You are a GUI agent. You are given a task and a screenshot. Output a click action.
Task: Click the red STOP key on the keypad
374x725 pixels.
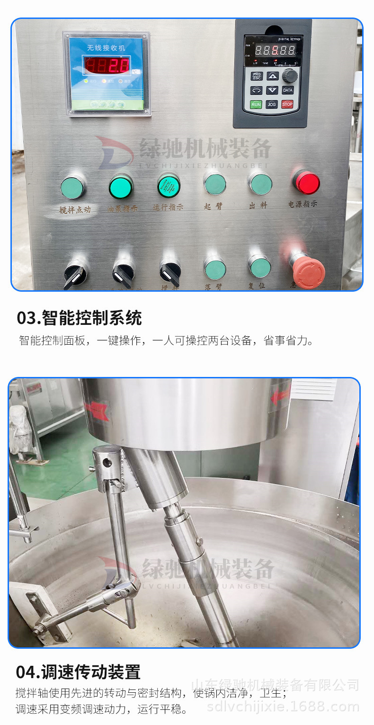click(287, 104)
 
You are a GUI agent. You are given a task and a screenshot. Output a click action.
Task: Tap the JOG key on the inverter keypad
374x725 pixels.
click(272, 104)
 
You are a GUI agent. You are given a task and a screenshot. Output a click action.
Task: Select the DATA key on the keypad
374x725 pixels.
click(287, 90)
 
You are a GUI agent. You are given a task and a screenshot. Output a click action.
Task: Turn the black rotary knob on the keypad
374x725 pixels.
click(290, 75)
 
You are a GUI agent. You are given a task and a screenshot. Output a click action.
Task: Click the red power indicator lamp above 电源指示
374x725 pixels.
click(306, 182)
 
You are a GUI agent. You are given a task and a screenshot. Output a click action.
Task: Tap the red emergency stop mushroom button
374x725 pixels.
click(308, 273)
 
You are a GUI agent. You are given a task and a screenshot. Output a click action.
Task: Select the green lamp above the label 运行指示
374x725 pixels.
click(169, 185)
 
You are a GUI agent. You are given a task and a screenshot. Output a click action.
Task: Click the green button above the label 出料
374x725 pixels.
click(261, 184)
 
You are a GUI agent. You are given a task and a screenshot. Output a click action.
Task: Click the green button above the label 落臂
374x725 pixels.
click(215, 268)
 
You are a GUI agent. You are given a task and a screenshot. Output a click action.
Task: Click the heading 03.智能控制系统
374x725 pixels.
click(79, 318)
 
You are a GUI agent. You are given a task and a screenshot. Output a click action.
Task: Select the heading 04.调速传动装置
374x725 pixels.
click(78, 671)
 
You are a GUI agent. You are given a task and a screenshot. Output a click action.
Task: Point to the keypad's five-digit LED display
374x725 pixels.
click(276, 50)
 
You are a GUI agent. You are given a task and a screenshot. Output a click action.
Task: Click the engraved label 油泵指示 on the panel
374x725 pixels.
click(121, 207)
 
